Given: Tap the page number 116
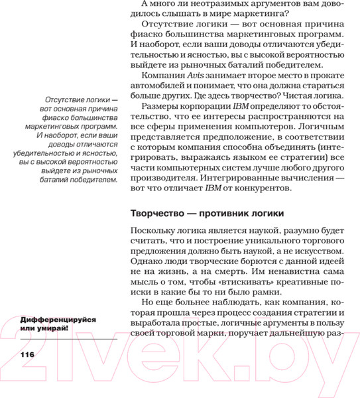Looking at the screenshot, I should (22, 354).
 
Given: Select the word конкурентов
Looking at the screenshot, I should (258, 188).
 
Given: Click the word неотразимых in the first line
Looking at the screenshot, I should (203, 5).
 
